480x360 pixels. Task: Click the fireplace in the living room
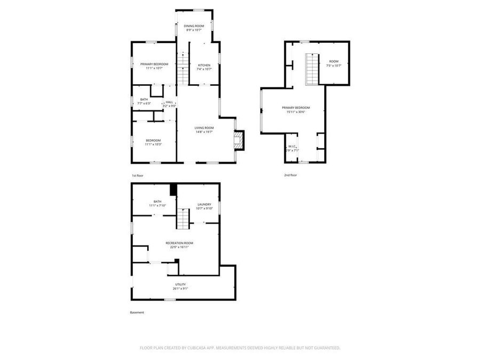(x=238, y=141)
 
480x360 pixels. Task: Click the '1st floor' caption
(x=138, y=175)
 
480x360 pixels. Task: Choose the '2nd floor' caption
(x=290, y=175)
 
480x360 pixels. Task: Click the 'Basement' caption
(x=137, y=313)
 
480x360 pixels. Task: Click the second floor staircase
(x=311, y=69)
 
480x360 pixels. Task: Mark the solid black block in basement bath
(x=173, y=189)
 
